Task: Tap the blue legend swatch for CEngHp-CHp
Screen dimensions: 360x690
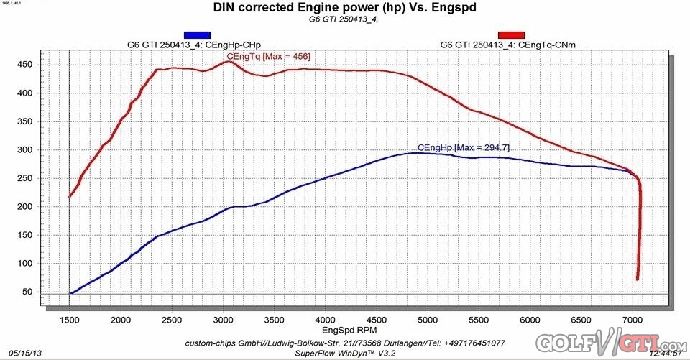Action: (x=198, y=34)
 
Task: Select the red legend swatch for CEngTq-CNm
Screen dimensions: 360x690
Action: (x=512, y=34)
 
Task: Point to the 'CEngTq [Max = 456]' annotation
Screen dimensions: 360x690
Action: (x=268, y=55)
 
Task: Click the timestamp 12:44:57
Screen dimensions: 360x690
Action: (x=666, y=354)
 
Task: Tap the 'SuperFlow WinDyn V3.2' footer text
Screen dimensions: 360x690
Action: (x=346, y=352)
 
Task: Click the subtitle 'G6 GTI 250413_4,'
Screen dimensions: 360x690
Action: (x=337, y=20)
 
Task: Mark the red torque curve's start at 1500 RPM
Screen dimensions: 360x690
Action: (x=70, y=196)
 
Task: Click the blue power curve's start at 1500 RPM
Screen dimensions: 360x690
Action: (x=70, y=293)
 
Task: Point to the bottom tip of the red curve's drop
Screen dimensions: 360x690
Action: (x=638, y=280)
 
